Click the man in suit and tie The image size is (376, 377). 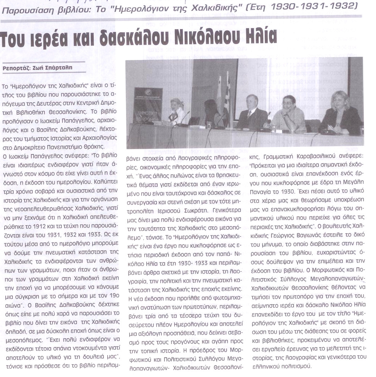(251, 113)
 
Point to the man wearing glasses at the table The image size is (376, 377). (289, 113)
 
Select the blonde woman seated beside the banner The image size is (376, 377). (176, 111)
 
